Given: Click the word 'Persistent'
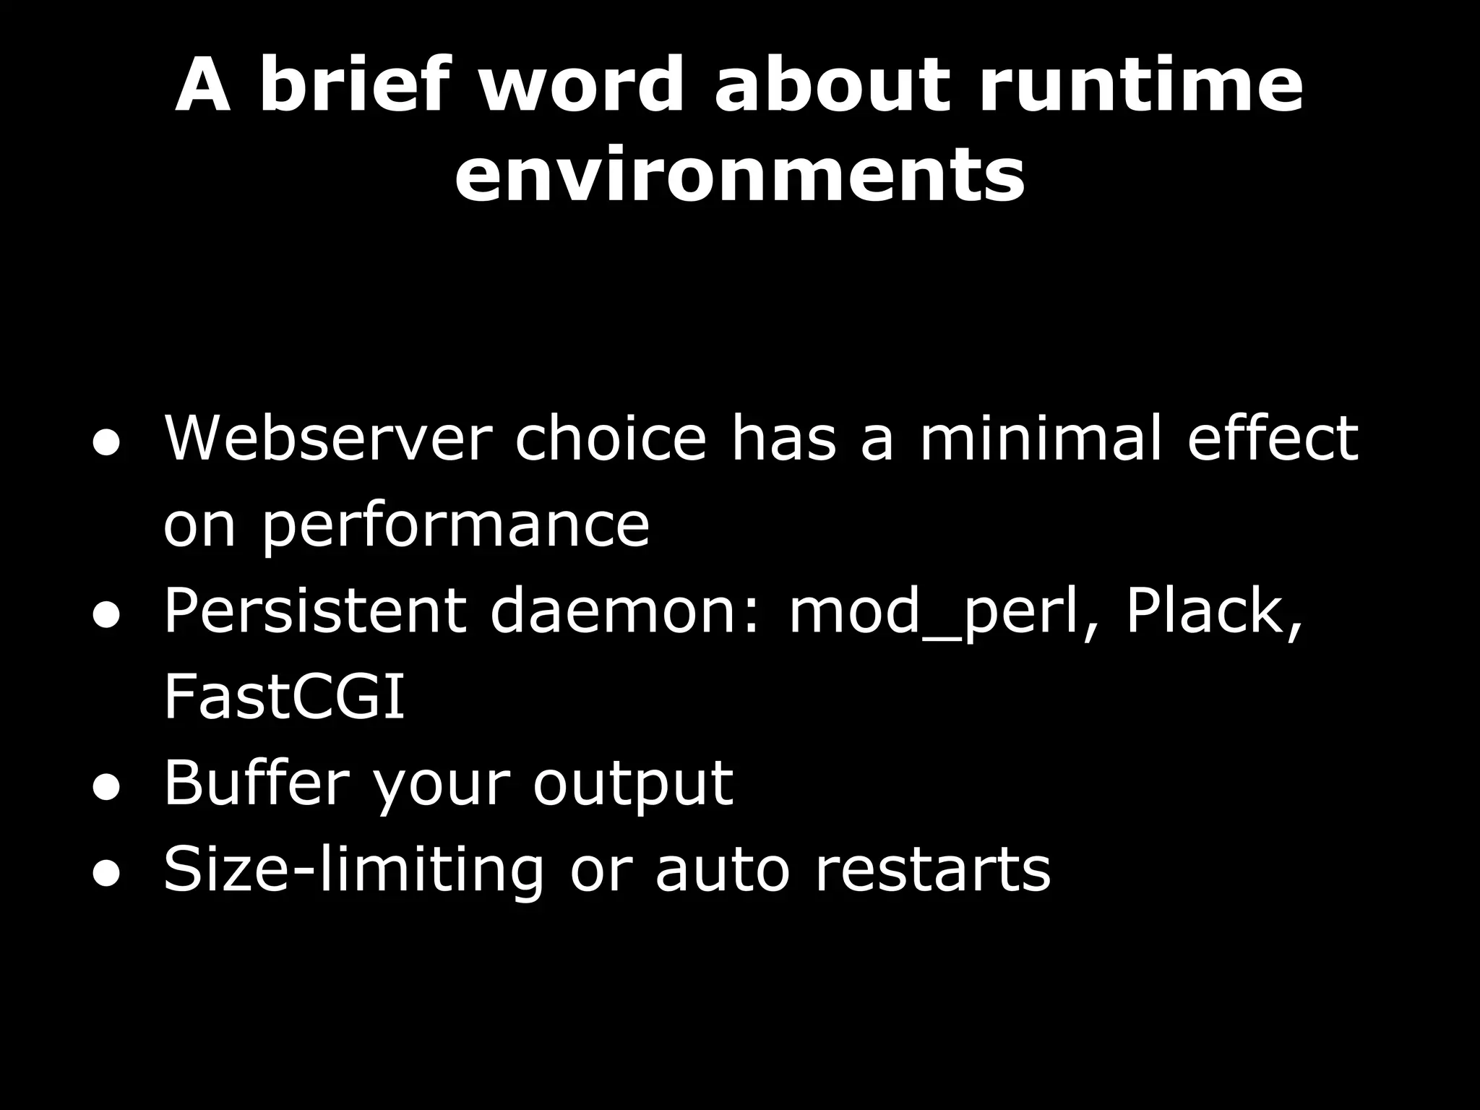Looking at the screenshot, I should (x=314, y=611).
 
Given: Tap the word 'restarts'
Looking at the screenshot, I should (x=933, y=870).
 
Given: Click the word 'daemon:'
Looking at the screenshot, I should (x=626, y=611).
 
